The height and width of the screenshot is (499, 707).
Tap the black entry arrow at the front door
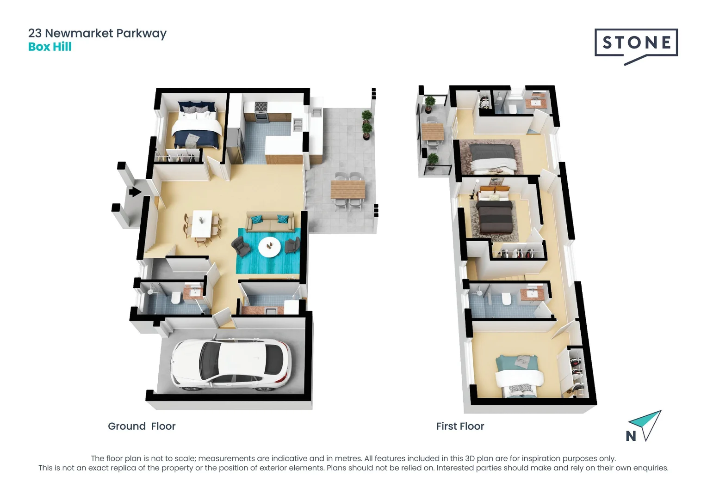(135, 191)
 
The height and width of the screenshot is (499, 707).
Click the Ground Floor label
(142, 426)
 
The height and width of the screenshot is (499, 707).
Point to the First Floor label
(460, 426)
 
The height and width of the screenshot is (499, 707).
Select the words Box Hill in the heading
(50, 47)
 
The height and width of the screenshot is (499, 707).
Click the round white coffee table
(269, 247)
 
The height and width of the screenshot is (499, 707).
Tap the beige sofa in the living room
(270, 222)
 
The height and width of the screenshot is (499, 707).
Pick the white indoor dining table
(202, 223)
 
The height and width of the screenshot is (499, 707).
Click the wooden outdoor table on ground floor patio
(347, 190)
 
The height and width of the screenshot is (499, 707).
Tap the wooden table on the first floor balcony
(432, 132)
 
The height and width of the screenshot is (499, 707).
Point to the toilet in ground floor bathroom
(176, 298)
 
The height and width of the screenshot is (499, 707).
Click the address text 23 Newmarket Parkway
(97, 33)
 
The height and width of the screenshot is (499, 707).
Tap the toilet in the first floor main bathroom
(506, 299)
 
